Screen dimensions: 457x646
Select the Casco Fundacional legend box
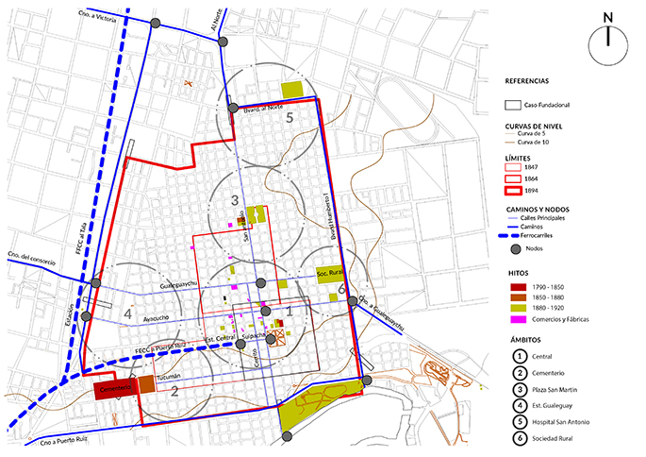pos(513,105)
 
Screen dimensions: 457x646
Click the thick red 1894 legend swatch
pos(513,189)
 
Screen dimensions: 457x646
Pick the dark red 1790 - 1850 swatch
pos(513,285)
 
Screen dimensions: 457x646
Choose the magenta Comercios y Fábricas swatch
pos(513,319)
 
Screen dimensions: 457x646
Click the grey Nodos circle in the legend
pos(513,248)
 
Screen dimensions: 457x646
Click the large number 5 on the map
pos(291,117)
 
